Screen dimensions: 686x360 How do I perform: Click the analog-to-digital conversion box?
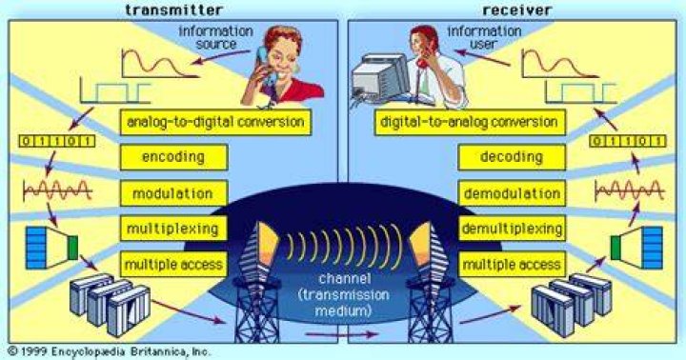point(215,122)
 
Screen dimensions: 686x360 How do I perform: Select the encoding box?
point(173,157)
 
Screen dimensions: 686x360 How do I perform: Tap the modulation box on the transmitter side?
point(173,193)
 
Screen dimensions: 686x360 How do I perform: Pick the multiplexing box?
point(173,229)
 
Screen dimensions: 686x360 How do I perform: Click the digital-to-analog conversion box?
point(470,122)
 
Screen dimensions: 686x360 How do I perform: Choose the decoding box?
point(512,157)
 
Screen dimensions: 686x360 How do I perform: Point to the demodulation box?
point(512,193)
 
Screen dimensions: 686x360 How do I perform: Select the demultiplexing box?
point(512,229)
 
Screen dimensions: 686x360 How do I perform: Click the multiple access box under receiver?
point(512,264)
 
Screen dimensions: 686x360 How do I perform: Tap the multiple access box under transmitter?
point(173,264)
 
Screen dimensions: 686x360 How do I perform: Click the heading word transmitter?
point(173,10)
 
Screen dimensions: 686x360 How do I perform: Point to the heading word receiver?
point(516,10)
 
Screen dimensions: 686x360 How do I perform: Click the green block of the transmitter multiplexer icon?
point(73,248)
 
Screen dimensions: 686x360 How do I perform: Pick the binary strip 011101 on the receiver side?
point(627,141)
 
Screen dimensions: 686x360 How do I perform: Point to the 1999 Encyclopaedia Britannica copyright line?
point(109,351)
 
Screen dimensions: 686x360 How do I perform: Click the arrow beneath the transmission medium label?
point(342,334)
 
